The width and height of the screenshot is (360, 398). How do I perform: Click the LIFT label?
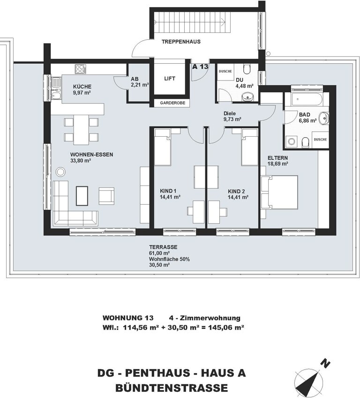click(x=169, y=79)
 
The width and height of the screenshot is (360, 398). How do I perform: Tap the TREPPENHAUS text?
click(x=181, y=42)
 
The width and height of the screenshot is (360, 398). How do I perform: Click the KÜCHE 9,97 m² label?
click(x=82, y=89)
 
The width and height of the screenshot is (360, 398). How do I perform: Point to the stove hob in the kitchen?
click(x=80, y=69)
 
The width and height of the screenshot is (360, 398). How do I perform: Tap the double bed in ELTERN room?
click(x=280, y=197)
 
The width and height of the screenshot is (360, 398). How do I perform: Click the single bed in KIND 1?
click(x=163, y=147)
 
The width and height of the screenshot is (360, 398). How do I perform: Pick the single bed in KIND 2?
click(x=249, y=147)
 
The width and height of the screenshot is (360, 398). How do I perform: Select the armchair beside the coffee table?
click(x=106, y=196)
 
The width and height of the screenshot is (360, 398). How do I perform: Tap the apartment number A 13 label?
click(x=200, y=66)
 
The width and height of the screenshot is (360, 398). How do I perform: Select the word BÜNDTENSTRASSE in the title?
click(x=172, y=388)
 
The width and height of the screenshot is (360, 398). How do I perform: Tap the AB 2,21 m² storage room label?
click(x=140, y=82)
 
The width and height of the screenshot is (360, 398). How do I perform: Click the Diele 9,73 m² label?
click(x=232, y=116)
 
